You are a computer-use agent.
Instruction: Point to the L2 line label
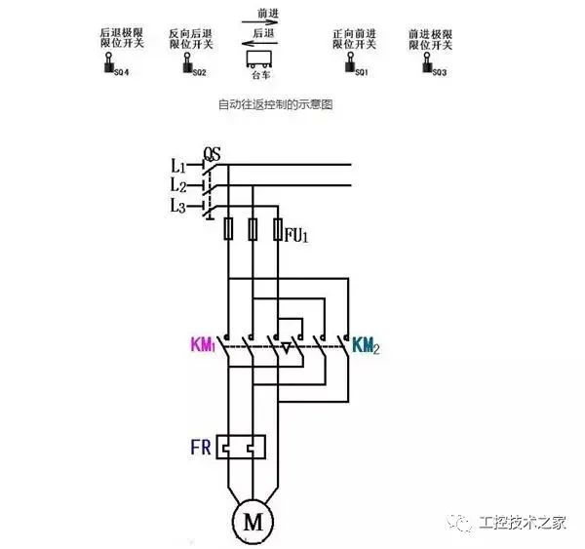tap(178, 185)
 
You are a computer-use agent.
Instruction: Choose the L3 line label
tap(178, 206)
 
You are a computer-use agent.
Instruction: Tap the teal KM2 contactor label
tap(366, 345)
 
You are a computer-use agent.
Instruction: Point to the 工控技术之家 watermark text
tap(525, 523)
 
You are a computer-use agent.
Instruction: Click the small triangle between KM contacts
tap(285, 346)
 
